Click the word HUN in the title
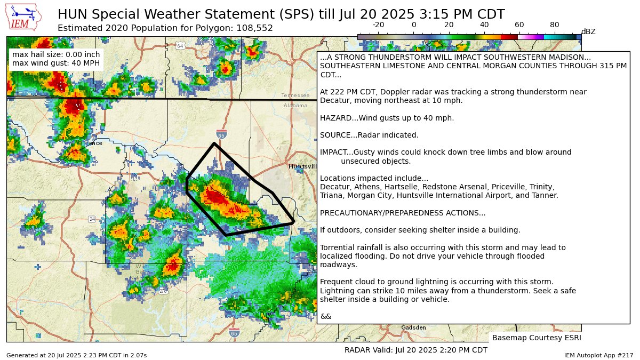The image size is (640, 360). pyautogui.click(x=70, y=14)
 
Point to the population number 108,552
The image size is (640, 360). pyautogui.click(x=253, y=28)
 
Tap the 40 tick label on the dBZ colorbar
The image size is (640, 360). pyautogui.click(x=484, y=25)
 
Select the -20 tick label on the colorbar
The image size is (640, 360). pyautogui.click(x=378, y=25)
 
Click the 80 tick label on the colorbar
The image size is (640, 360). pyautogui.click(x=554, y=25)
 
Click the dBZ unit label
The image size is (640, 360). pyautogui.click(x=588, y=32)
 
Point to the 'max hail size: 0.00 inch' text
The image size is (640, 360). pyautogui.click(x=55, y=54)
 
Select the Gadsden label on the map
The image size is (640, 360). pyautogui.click(x=413, y=327)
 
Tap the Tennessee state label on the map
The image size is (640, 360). pyautogui.click(x=295, y=95)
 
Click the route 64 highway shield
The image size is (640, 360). pyautogui.click(x=180, y=46)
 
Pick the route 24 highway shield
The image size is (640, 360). pyautogui.click(x=92, y=219)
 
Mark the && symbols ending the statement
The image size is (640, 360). pyautogui.click(x=325, y=316)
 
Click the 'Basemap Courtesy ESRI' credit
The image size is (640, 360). pyautogui.click(x=536, y=338)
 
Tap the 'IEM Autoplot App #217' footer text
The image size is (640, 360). pyautogui.click(x=598, y=355)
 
